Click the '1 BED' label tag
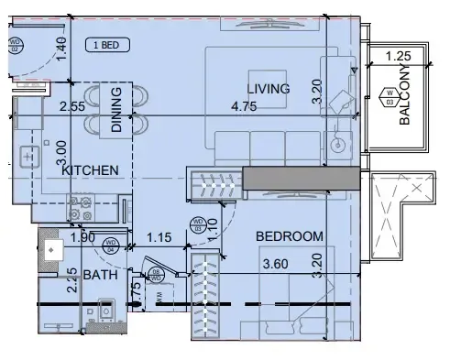pyautogui.click(x=108, y=44)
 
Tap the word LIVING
pyautogui.click(x=268, y=89)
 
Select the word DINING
pyautogui.click(x=116, y=110)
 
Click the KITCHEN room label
pyautogui.click(x=90, y=170)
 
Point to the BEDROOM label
pyautogui.click(x=289, y=236)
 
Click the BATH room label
pyautogui.click(x=100, y=275)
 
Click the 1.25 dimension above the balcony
pyautogui.click(x=398, y=57)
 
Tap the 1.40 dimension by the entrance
pyautogui.click(x=61, y=47)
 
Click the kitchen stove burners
pyautogui.click(x=79, y=207)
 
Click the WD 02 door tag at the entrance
pyautogui.click(x=16, y=43)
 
